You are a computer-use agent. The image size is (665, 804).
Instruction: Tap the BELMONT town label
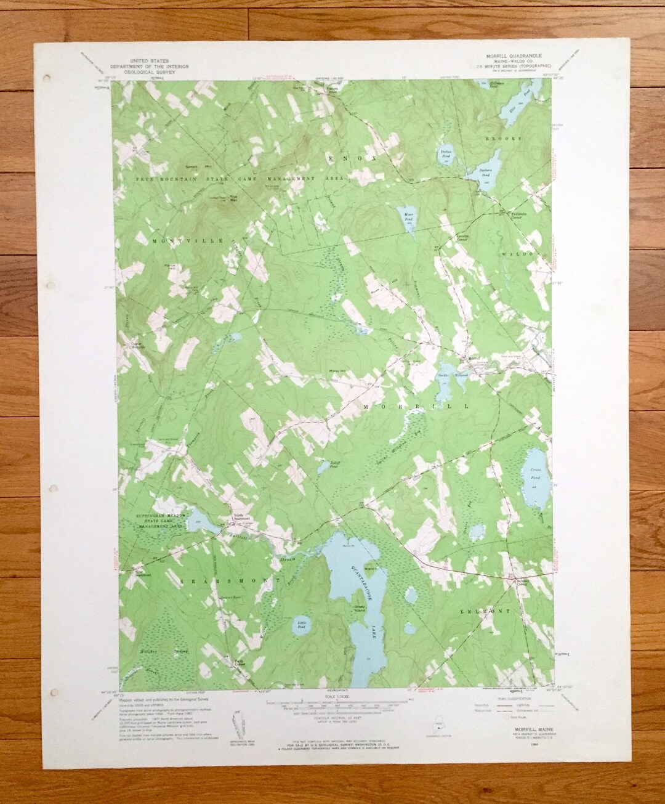485,611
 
